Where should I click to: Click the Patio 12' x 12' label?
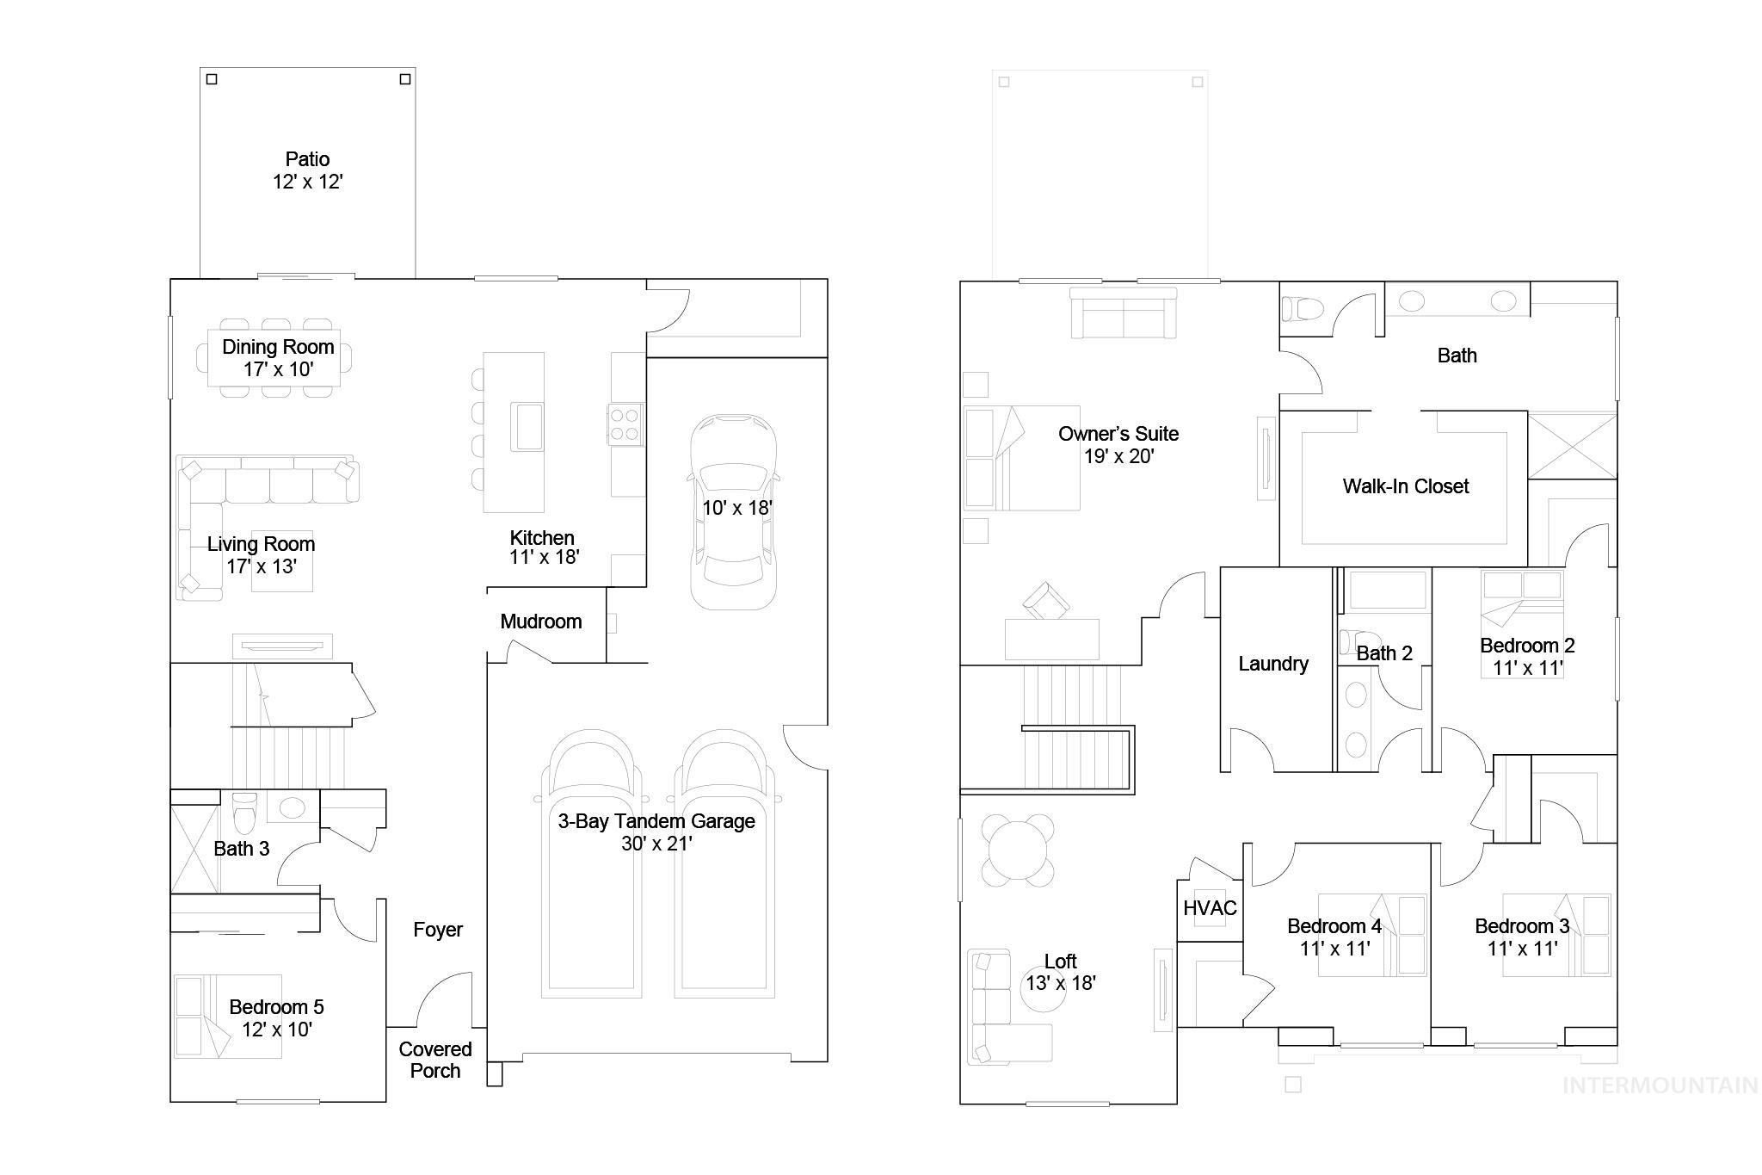point(307,170)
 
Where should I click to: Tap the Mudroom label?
point(540,622)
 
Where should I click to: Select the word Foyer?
point(437,930)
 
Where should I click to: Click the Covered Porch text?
point(435,1060)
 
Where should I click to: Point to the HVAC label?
point(1210,908)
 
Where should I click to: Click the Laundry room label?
point(1272,664)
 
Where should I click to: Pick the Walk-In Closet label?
point(1405,486)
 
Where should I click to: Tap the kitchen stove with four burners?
point(625,424)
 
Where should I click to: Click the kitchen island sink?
point(527,425)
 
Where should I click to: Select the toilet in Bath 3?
point(245,811)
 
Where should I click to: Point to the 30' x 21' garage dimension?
point(656,844)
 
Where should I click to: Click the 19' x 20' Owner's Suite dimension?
point(1118,456)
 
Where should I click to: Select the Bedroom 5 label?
point(276,1007)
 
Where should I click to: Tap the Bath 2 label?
point(1383,653)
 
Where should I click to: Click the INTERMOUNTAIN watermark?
point(1660,1085)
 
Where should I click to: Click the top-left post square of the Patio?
point(212,79)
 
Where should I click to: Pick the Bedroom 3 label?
point(1521,926)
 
